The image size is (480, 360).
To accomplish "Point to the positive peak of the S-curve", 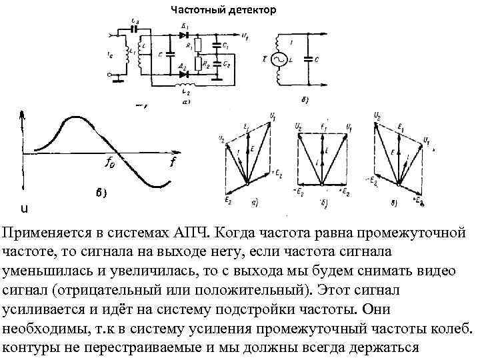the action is pyautogui.click(x=70, y=118).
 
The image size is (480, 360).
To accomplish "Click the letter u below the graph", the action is pyautogui.click(x=25, y=209).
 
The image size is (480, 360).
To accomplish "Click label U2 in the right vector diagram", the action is pyautogui.click(x=378, y=116).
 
